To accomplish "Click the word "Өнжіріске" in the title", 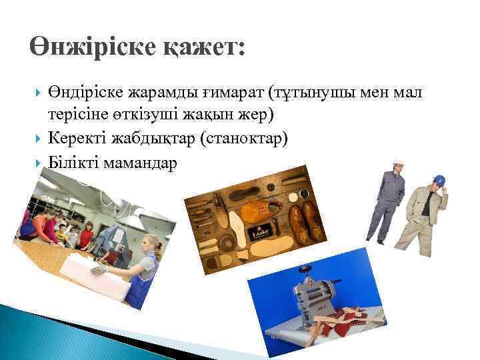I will point(93,47).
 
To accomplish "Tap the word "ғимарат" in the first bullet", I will point(205,93).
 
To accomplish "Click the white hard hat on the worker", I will point(398,163).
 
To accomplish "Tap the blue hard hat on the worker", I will point(439,179).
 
